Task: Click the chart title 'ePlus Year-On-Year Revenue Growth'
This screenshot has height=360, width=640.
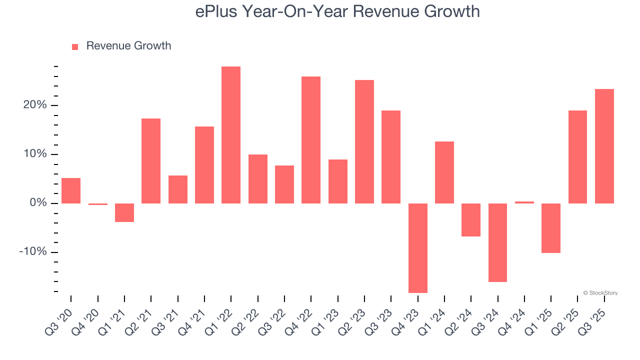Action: coord(337,11)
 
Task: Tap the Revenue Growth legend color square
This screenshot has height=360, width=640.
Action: coord(75,46)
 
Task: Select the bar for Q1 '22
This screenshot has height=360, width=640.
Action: coord(231,135)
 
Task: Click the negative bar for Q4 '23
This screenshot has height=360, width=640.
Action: coord(417,248)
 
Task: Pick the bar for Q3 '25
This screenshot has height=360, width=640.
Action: coord(604,146)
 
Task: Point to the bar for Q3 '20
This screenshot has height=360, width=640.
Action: coord(71,190)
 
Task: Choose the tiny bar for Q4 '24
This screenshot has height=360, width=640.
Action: coord(524,202)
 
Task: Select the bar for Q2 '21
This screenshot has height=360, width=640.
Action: coord(151,161)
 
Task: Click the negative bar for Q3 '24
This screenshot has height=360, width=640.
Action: coord(497,242)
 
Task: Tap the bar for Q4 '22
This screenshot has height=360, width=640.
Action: coord(311,140)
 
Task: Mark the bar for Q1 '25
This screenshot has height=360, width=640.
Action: coord(551,228)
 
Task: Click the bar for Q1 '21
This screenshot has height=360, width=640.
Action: coord(124,212)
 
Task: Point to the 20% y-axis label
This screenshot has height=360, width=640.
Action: coord(34,105)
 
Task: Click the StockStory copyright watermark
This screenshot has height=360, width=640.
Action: coord(600,293)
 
